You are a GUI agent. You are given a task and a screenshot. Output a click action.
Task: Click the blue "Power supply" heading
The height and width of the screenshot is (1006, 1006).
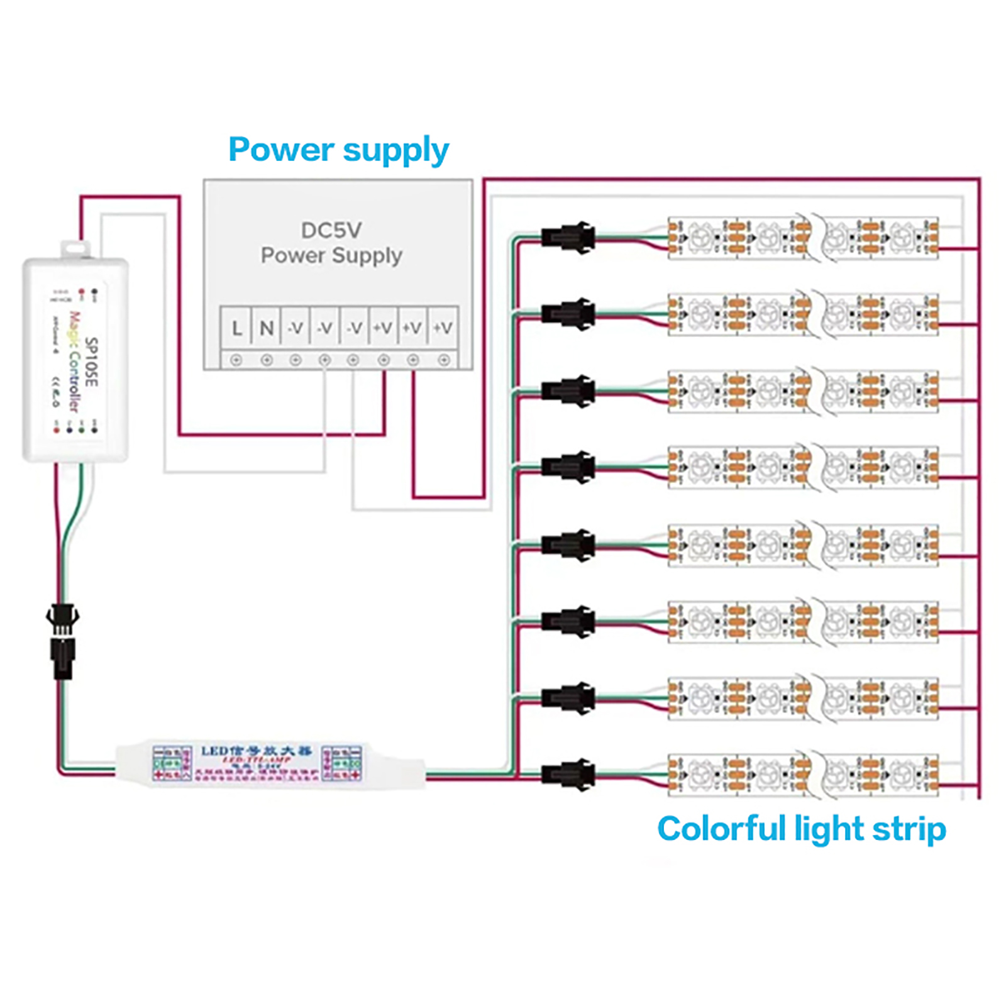point(338,150)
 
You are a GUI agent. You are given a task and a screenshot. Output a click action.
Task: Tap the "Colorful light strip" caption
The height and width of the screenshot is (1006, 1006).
point(801,828)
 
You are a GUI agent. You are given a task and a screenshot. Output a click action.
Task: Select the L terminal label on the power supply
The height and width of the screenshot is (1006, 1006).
point(236,328)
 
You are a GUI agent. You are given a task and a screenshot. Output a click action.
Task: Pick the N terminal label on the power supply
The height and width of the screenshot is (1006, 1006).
point(267,328)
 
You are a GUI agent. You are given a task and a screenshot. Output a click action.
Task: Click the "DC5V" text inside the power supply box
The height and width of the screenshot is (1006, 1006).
point(331,230)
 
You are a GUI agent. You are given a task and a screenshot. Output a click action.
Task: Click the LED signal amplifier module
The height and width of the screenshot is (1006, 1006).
point(258,764)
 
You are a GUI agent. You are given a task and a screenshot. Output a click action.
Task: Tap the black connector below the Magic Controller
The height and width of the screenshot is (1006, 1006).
point(62,641)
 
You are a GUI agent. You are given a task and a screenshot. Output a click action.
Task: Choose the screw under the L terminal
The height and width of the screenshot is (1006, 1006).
point(236,360)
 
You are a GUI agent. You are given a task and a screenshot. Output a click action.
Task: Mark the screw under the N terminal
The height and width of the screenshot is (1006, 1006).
point(267,360)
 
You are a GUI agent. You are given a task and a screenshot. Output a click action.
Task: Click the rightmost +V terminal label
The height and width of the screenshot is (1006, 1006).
point(443,328)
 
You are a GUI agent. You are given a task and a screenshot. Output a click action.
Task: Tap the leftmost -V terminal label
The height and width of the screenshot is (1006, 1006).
point(296,328)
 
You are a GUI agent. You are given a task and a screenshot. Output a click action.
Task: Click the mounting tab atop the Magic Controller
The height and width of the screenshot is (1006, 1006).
point(75,248)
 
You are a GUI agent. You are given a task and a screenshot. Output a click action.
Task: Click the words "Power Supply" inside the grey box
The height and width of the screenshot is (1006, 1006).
point(331,256)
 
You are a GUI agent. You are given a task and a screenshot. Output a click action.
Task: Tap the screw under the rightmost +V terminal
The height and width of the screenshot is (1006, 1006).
point(444,360)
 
